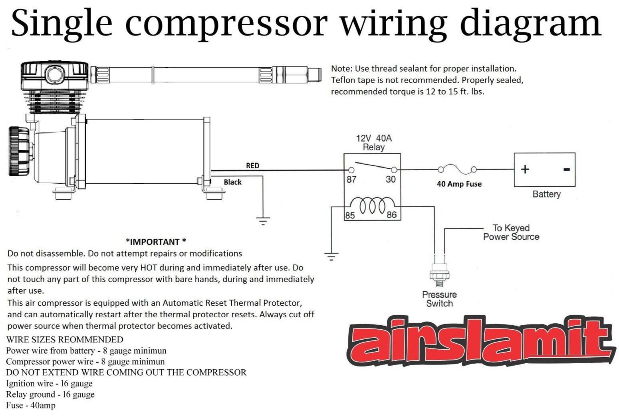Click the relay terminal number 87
pos(351,179)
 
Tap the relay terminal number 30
pos(391,179)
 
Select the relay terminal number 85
pos(350,215)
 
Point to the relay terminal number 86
pos(392,215)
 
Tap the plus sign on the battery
pos(525,169)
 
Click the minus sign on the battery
pos(566,169)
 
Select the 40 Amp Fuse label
pos(459,184)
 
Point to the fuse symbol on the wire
pos(457,169)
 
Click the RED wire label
pos(252,165)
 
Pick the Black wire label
pos(232,182)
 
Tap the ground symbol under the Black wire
pos(263,221)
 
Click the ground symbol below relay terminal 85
pos(331,256)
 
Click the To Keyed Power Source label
pos(511,232)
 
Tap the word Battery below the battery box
pos(546,194)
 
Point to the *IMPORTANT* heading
pos(156,242)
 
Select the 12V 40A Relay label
pos(373,143)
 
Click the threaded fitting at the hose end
pos(315,75)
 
